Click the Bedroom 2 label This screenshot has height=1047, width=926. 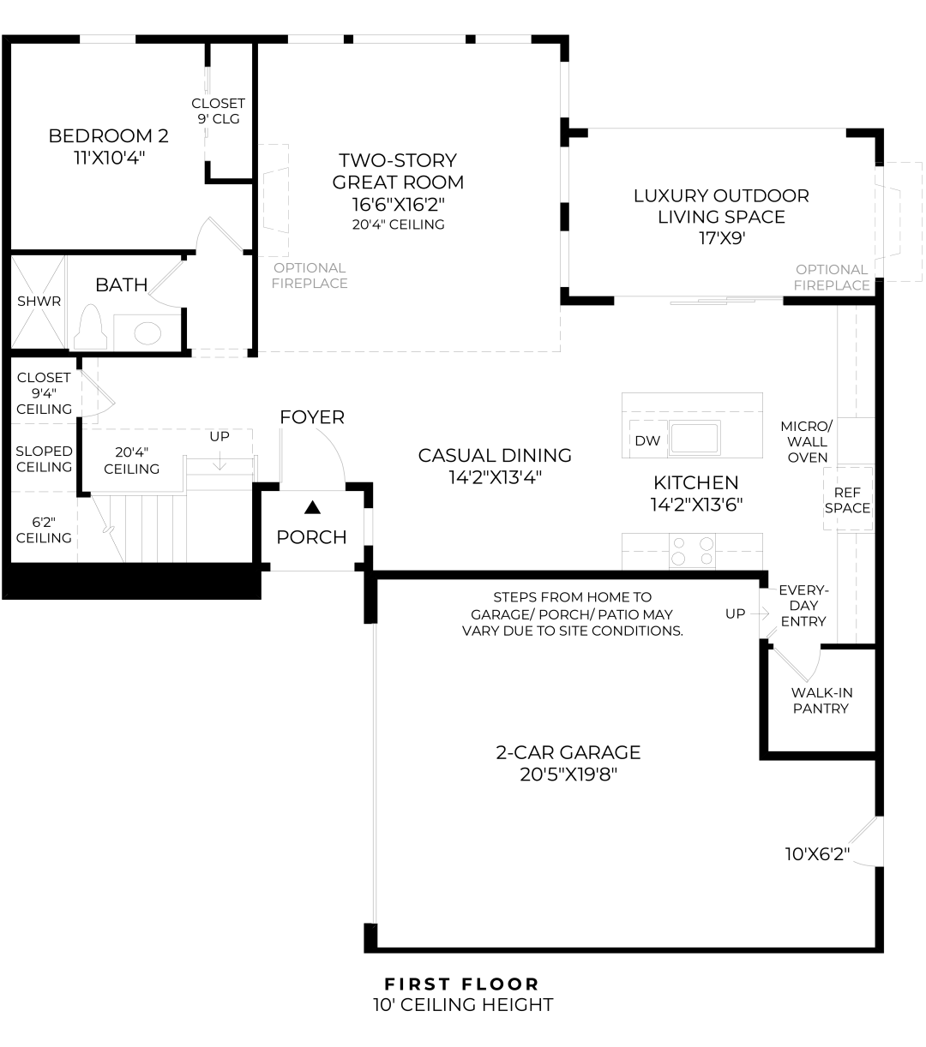point(108,135)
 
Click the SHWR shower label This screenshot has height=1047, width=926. point(39,302)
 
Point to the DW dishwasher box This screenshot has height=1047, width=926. point(647,440)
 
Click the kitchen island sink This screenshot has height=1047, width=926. point(694,438)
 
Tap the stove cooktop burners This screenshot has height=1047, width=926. point(692,550)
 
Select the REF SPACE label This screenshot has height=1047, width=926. point(847,500)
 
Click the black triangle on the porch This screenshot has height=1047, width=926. point(312,508)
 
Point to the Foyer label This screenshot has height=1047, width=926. point(312,417)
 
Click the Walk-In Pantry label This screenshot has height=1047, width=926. point(821,700)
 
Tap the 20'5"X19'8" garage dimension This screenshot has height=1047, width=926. point(568,775)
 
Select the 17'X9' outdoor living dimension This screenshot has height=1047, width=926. point(721,238)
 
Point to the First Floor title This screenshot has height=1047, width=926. point(462,984)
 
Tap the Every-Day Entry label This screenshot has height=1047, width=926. point(803,606)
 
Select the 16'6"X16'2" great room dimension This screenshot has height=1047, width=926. point(398,204)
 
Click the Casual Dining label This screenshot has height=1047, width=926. point(495,455)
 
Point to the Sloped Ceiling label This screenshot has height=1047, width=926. point(44,458)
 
